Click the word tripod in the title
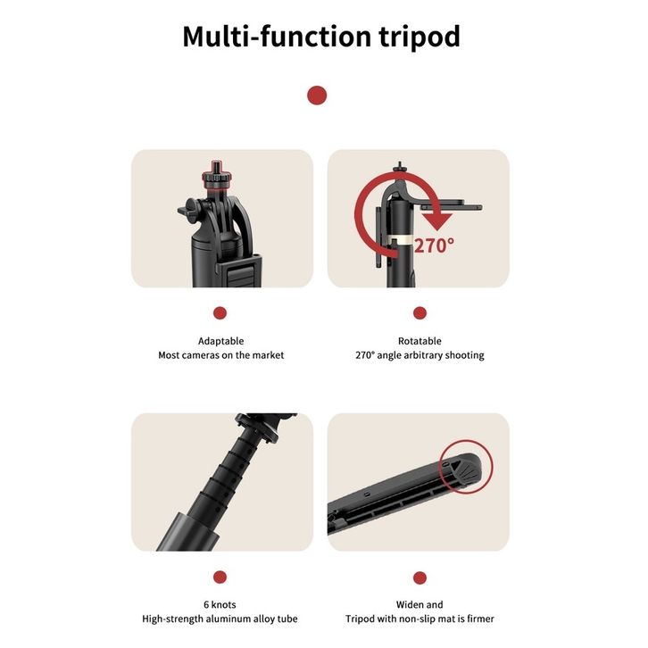tap(420, 37)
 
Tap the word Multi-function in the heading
tap(278, 37)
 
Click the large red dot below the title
tap(317, 96)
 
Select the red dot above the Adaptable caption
tap(220, 313)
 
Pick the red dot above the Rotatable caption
tap(420, 313)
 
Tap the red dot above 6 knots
tap(220, 577)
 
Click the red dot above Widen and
tap(420, 577)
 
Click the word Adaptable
tap(220, 341)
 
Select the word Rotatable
tap(420, 341)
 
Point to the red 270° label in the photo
tap(434, 245)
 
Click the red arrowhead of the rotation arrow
tap(437, 221)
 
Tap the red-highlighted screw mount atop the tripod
tap(216, 175)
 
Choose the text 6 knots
tap(220, 604)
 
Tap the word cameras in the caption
tap(201, 355)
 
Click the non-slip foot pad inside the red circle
tap(467, 469)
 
